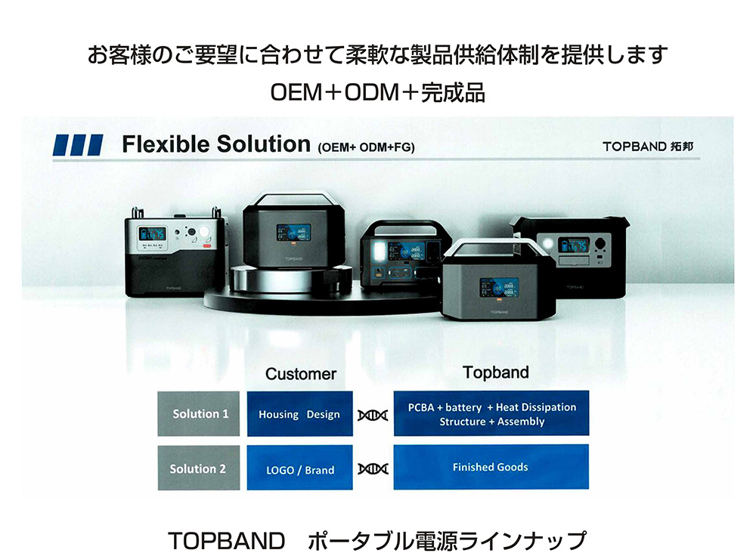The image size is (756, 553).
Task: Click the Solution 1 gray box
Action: (x=200, y=413)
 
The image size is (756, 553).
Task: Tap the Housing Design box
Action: (x=299, y=414)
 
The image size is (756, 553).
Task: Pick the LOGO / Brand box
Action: (x=299, y=469)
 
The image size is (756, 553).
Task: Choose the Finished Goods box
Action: (x=491, y=467)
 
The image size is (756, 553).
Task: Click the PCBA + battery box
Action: (x=491, y=414)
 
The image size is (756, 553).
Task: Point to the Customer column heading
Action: (x=301, y=374)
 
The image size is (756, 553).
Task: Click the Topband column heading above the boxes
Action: (x=496, y=372)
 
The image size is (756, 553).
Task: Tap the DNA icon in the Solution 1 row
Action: (x=373, y=415)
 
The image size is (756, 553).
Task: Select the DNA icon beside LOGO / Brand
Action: (x=373, y=469)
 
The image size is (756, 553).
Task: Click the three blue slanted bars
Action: (x=78, y=145)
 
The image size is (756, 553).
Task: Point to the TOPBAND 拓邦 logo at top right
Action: (x=648, y=147)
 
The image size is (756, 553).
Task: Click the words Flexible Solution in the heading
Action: (x=216, y=144)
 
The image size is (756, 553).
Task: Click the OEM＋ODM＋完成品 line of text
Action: (x=377, y=93)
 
